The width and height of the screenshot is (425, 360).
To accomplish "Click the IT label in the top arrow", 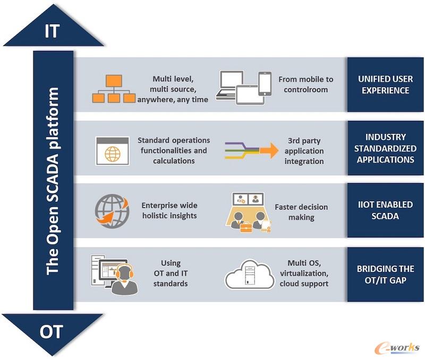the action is (x=52, y=31).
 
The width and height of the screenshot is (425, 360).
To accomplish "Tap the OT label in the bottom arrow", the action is (x=51, y=331).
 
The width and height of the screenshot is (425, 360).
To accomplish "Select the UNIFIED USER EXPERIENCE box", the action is (x=385, y=84).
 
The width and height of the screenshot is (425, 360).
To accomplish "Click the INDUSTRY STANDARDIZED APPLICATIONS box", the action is (x=385, y=148).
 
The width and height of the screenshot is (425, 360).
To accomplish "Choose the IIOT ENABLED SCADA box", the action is (x=385, y=210).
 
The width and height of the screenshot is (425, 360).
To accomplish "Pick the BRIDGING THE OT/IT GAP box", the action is (x=385, y=274).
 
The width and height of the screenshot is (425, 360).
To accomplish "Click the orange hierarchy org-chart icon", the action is (x=114, y=89).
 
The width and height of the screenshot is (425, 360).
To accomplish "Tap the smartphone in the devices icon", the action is (x=265, y=84).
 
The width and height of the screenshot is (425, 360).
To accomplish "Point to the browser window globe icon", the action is (x=113, y=151).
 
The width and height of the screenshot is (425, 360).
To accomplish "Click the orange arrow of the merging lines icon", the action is (x=269, y=150).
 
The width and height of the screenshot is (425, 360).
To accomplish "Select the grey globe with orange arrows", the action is (x=112, y=211).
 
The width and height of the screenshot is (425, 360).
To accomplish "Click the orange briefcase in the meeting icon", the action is (x=246, y=227).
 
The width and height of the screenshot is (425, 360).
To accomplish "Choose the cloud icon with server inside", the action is (x=249, y=274).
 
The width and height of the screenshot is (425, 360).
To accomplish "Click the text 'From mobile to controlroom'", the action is (x=306, y=84).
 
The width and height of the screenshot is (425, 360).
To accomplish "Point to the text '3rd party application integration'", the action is (x=304, y=151).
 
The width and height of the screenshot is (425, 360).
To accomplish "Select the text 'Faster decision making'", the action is (x=301, y=212).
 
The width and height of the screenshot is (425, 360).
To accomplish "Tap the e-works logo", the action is (x=397, y=348).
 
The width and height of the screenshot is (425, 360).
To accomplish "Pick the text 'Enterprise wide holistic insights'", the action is (x=169, y=210).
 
